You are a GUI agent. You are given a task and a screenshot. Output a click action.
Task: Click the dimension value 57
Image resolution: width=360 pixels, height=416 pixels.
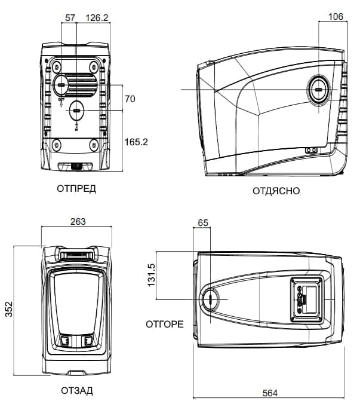click(x=70, y=18)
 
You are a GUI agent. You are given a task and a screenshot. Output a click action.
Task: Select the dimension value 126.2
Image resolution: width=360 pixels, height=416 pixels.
click(x=97, y=18)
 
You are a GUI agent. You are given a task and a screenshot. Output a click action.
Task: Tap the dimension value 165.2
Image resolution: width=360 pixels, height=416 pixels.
click(x=136, y=142)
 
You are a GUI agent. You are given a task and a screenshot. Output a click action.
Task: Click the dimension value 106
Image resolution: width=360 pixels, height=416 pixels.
click(x=336, y=17)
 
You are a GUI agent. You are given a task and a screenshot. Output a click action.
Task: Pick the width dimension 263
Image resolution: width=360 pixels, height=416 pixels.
click(x=78, y=222)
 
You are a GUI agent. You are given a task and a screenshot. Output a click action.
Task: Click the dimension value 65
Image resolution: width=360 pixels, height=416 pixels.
click(x=203, y=223)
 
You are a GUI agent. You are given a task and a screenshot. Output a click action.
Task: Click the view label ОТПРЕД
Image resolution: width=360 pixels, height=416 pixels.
click(x=76, y=189)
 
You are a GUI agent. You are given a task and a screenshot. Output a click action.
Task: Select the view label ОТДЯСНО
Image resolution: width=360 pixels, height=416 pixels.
click(x=276, y=191)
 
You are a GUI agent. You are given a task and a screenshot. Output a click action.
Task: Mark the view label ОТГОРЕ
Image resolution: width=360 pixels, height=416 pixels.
click(x=165, y=325)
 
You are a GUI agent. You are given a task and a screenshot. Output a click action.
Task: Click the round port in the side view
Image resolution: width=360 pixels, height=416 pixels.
click(x=318, y=90)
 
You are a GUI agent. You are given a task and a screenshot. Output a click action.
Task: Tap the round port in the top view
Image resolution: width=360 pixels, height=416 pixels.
click(x=211, y=299)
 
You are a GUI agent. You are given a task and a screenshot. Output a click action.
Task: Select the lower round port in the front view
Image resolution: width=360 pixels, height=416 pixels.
click(x=76, y=111)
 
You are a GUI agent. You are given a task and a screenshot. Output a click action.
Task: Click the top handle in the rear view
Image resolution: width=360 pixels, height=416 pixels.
click(x=77, y=254)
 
